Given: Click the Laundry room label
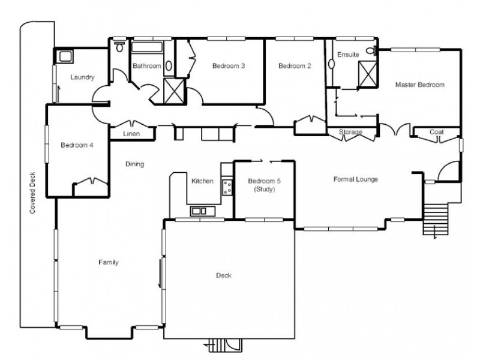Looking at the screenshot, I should (x=83, y=77).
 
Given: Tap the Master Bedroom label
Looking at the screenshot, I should (x=419, y=85).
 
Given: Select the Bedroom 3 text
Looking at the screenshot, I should (x=228, y=66).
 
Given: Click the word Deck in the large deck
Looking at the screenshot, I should (x=223, y=275).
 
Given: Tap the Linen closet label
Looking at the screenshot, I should (x=131, y=134).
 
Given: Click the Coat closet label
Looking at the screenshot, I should (x=436, y=132).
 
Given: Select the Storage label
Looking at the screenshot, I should (x=350, y=132).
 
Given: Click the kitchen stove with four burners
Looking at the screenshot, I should (x=227, y=186).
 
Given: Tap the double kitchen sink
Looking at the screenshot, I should (x=199, y=211).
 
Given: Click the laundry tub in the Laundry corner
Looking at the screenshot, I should (x=64, y=56).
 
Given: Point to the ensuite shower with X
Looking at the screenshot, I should (x=365, y=73).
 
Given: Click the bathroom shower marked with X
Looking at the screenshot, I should (x=175, y=91).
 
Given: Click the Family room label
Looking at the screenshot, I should (x=109, y=262).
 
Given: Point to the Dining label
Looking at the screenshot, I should (x=134, y=164).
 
